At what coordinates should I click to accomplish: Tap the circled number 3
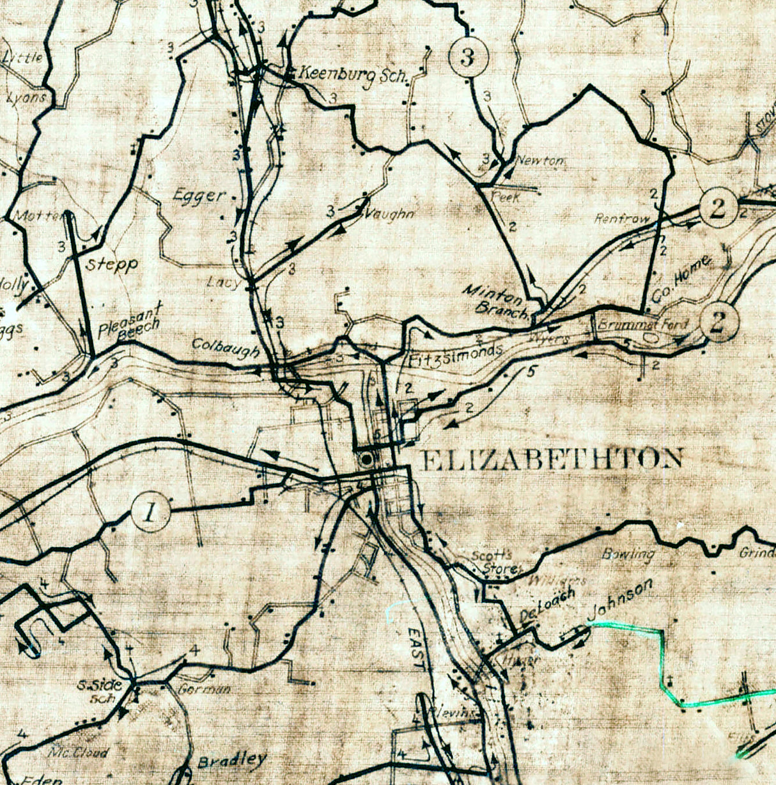click(x=469, y=58)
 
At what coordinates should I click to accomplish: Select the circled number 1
click(x=150, y=512)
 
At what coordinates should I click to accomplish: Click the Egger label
click(x=199, y=196)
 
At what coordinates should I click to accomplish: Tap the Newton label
click(x=541, y=161)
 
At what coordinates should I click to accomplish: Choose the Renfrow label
click(x=621, y=219)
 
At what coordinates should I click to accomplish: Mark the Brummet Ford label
click(x=642, y=325)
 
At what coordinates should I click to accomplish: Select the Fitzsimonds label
click(x=456, y=353)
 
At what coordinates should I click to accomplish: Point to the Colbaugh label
click(x=226, y=348)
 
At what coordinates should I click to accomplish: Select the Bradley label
click(x=231, y=761)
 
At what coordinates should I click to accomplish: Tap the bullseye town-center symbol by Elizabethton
click(x=366, y=459)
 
